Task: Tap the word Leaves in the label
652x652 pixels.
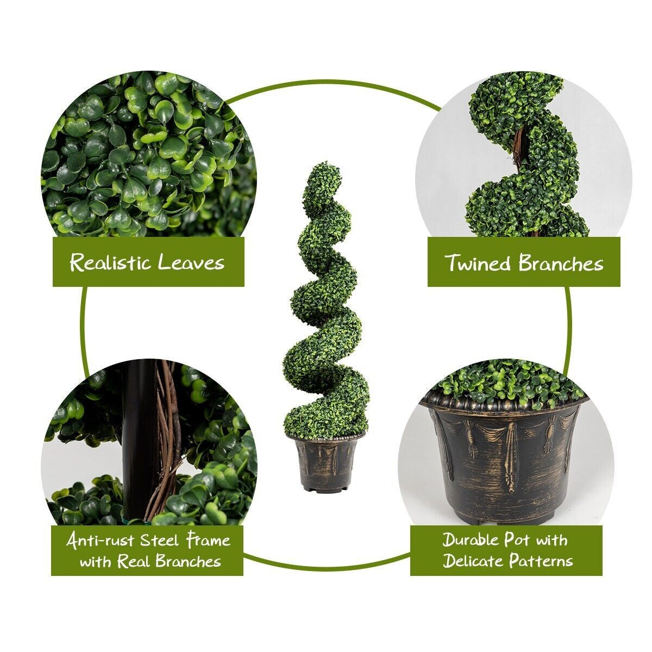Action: coord(191,263)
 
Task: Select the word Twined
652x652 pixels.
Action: coord(479,263)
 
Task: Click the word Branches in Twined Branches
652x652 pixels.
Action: coord(561,264)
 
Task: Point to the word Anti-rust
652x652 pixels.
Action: coord(101,541)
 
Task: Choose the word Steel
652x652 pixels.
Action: coord(160,541)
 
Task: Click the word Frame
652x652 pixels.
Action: coord(209,541)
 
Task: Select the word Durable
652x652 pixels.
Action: coord(471,540)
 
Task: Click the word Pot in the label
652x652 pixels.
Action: coord(516,540)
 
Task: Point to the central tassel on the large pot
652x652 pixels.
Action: coord(511,456)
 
